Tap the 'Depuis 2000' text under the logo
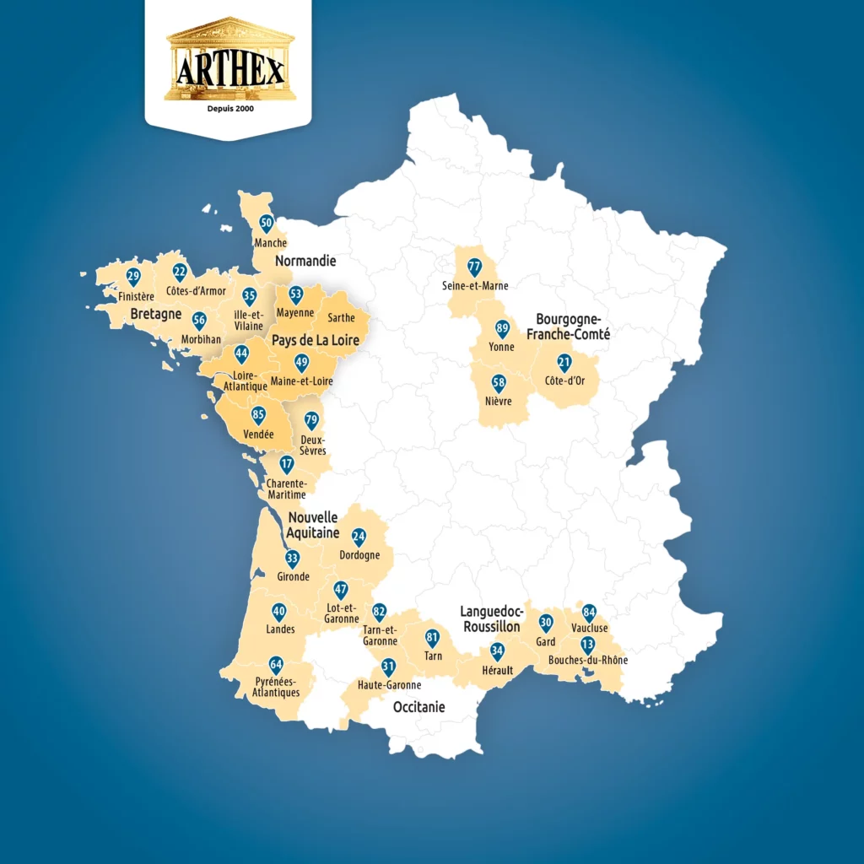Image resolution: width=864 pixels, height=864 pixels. point(230,109)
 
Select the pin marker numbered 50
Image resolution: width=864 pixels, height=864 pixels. point(267,224)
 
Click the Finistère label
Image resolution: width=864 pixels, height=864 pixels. point(137,296)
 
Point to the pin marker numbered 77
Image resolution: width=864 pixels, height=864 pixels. point(474,267)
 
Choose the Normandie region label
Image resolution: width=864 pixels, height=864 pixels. point(305,261)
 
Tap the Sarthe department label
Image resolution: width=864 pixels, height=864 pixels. point(340,318)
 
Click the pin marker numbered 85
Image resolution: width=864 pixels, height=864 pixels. point(259,415)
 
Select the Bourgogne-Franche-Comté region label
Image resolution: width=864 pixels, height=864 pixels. point(568,327)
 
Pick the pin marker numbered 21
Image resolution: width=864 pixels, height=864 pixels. point(564,363)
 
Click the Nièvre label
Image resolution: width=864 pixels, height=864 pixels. point(499,401)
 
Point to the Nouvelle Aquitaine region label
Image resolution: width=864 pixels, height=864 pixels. point(312,525)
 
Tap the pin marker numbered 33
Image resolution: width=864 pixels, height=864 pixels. point(293,559)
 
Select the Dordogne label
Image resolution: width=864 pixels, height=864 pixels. point(359,555)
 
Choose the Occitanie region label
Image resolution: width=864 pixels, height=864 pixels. point(419,707)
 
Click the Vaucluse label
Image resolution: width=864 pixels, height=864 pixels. point(589,628)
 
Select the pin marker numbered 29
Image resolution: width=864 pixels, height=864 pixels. point(133,277)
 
